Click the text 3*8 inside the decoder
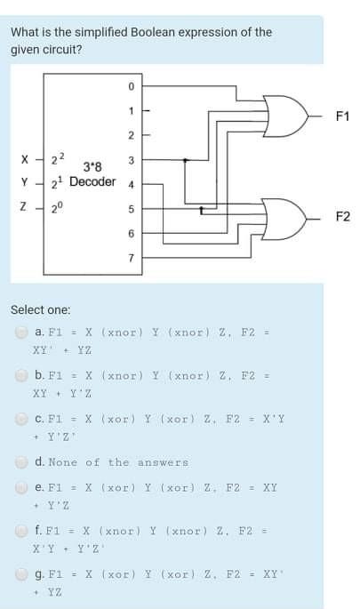tap(92, 168)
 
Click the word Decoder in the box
tap(92, 182)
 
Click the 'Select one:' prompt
tap(40, 309)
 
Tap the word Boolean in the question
tap(155, 32)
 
